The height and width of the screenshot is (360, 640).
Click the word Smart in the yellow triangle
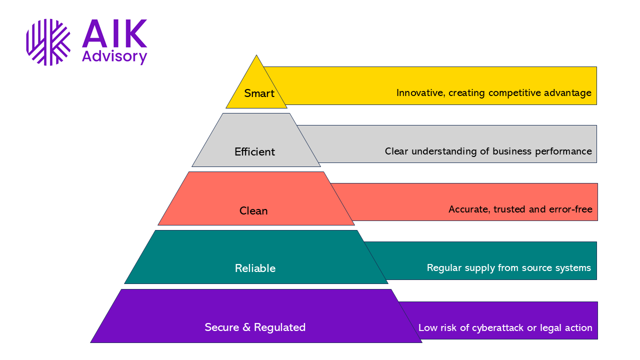[259, 93]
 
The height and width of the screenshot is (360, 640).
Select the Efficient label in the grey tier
[255, 152]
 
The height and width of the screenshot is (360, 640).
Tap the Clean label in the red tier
[253, 211]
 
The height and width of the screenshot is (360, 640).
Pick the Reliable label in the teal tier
[255, 268]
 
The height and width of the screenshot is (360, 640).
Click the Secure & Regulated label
[255, 327]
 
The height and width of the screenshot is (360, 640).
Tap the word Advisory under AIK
[114, 56]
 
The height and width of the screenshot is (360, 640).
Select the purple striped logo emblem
[48, 42]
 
